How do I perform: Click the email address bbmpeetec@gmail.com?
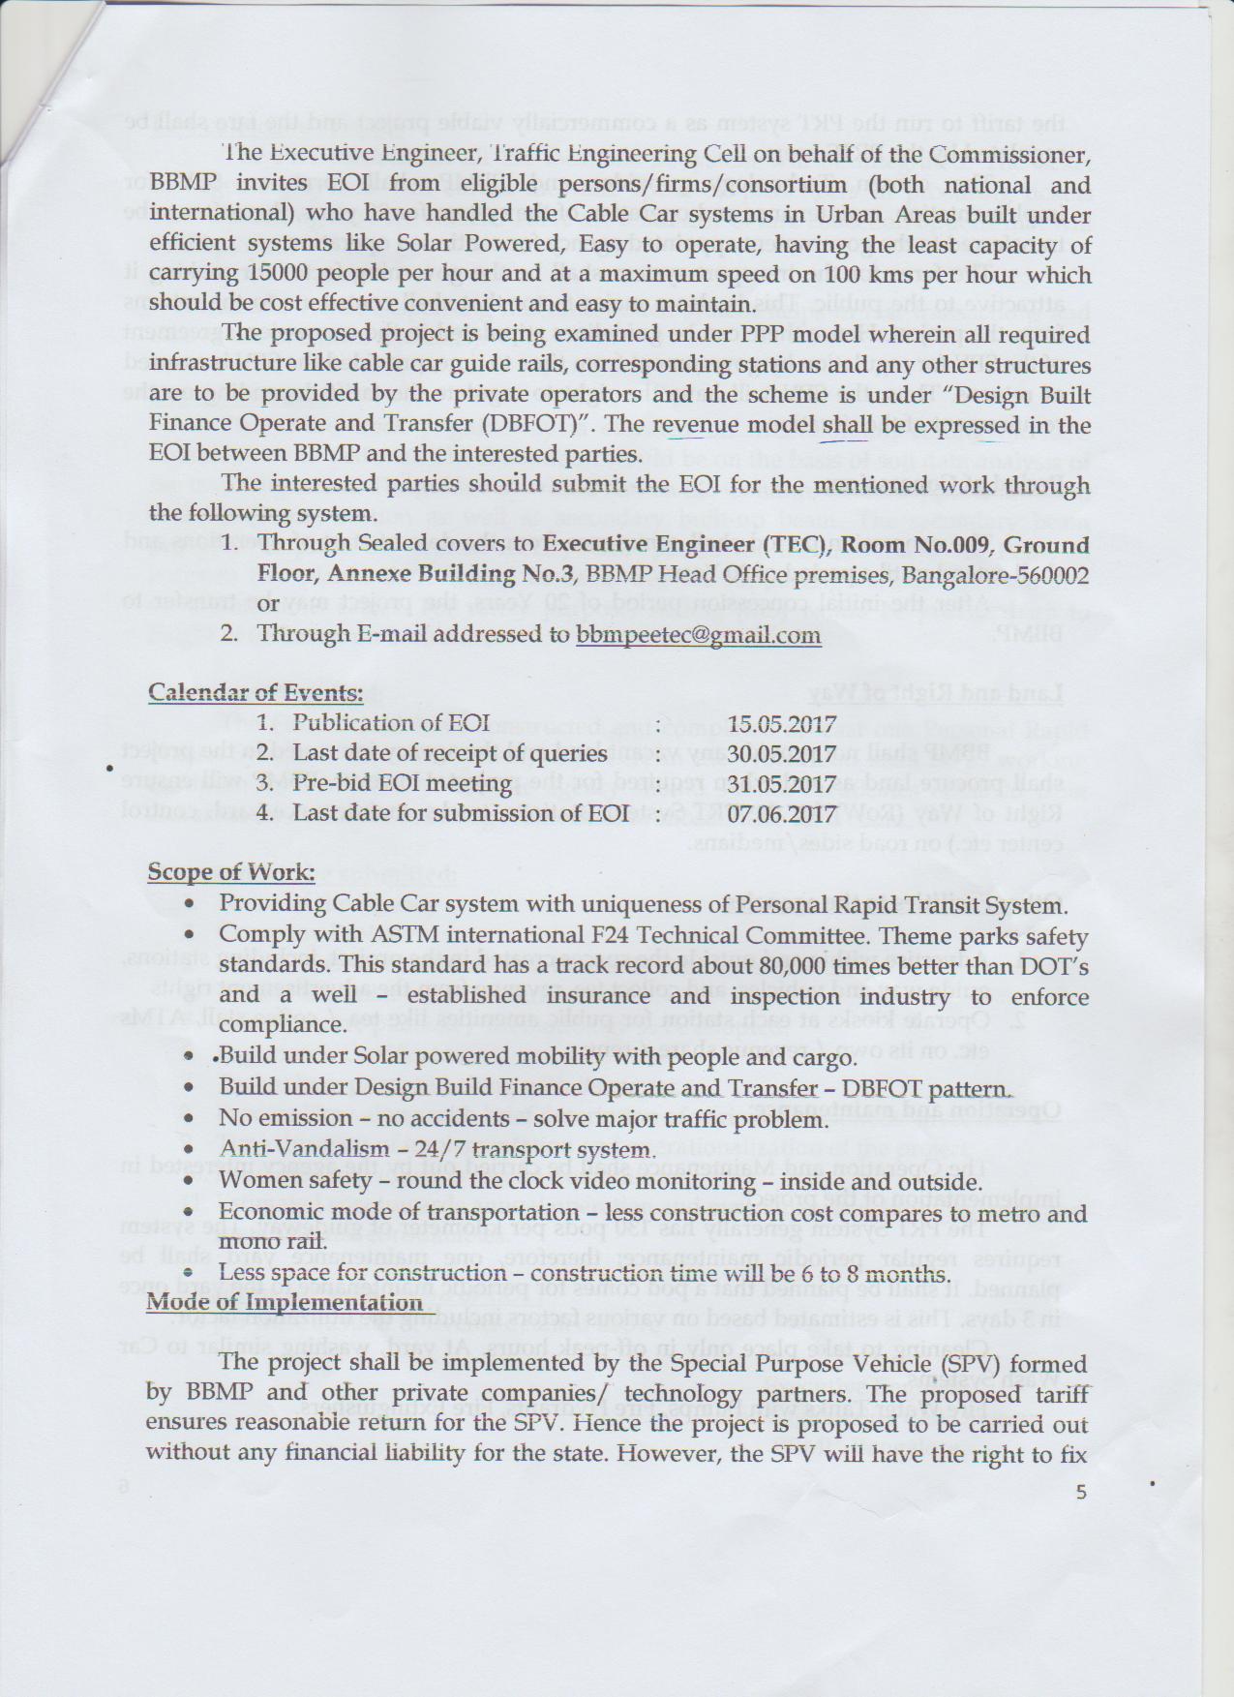click(691, 635)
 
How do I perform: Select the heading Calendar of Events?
click(255, 692)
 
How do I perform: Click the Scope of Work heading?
click(230, 872)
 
